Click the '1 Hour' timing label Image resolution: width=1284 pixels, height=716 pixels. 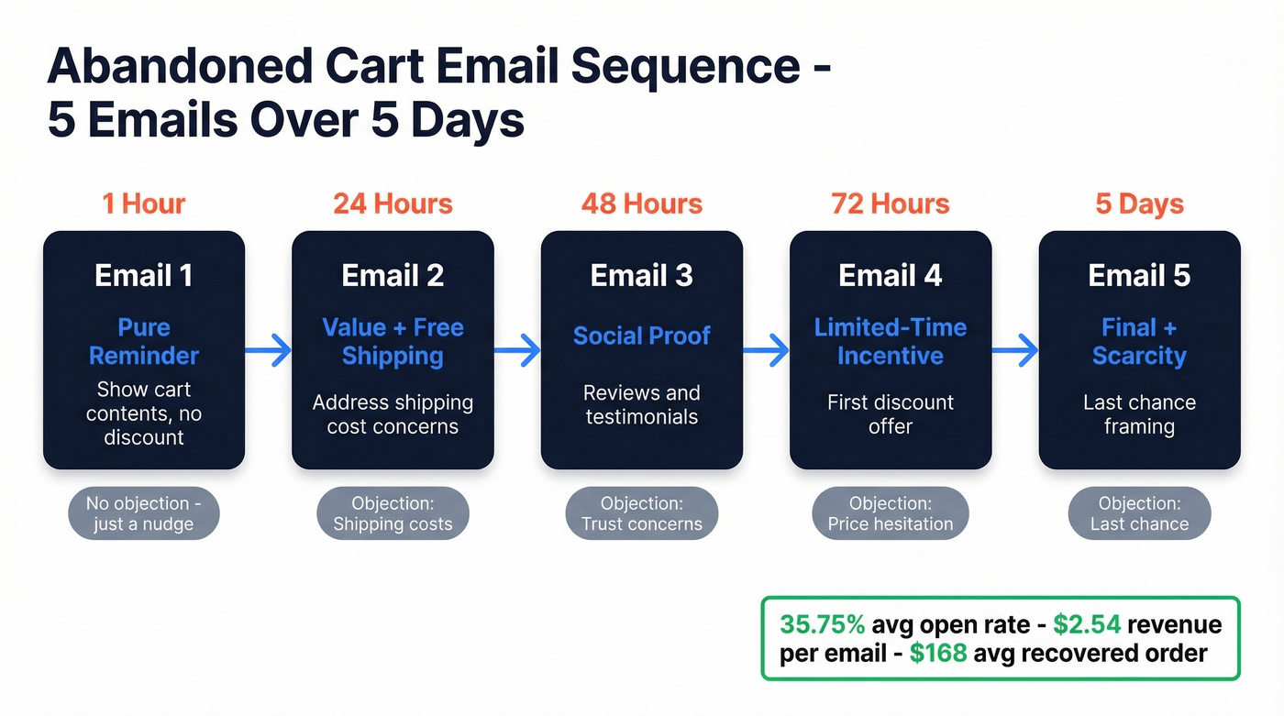144,203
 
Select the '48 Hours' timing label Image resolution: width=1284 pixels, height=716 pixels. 641,203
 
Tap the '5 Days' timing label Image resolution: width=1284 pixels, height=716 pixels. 1139,203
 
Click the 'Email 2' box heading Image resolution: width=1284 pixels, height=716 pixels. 393,275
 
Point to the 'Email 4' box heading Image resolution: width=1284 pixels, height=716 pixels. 890,275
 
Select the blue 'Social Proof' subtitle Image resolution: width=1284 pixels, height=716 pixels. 641,336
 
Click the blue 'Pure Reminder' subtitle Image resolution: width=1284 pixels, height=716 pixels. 144,341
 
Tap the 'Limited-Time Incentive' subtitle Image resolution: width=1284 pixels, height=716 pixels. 890,341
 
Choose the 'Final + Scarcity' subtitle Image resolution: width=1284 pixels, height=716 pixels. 1139,341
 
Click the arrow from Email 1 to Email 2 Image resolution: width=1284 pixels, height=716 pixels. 268,349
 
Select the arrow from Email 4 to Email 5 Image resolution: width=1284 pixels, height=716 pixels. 1014,349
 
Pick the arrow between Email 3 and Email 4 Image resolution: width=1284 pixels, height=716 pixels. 766,349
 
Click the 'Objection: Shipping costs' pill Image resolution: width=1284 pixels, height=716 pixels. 393,513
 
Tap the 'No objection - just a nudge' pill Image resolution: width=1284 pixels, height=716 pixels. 144,513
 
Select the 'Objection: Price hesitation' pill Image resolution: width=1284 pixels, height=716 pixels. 890,513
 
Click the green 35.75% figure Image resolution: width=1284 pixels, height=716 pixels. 822,625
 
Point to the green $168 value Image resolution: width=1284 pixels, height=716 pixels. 937,653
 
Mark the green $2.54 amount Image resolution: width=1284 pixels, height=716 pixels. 1086,625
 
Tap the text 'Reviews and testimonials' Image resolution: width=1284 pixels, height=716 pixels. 641,405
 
